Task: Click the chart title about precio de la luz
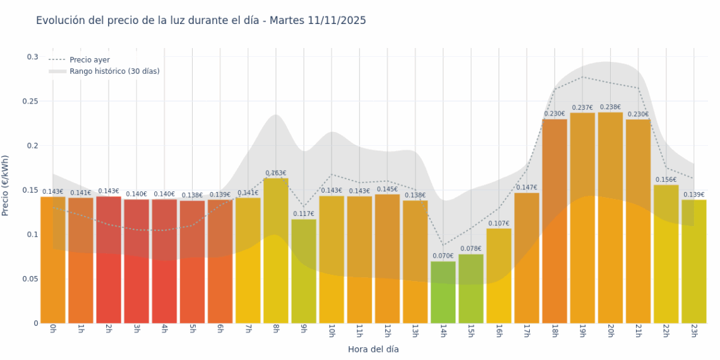point(201,21)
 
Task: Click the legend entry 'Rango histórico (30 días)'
point(114,71)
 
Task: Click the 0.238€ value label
point(610,107)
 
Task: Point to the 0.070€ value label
point(443,256)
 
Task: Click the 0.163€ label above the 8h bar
point(275,173)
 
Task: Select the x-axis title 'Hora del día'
point(373,349)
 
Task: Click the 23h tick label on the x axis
point(693,332)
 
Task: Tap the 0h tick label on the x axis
point(53,330)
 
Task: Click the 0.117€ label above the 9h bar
point(303,214)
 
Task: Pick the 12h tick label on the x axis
point(387,332)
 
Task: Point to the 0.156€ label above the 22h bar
point(666,180)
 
